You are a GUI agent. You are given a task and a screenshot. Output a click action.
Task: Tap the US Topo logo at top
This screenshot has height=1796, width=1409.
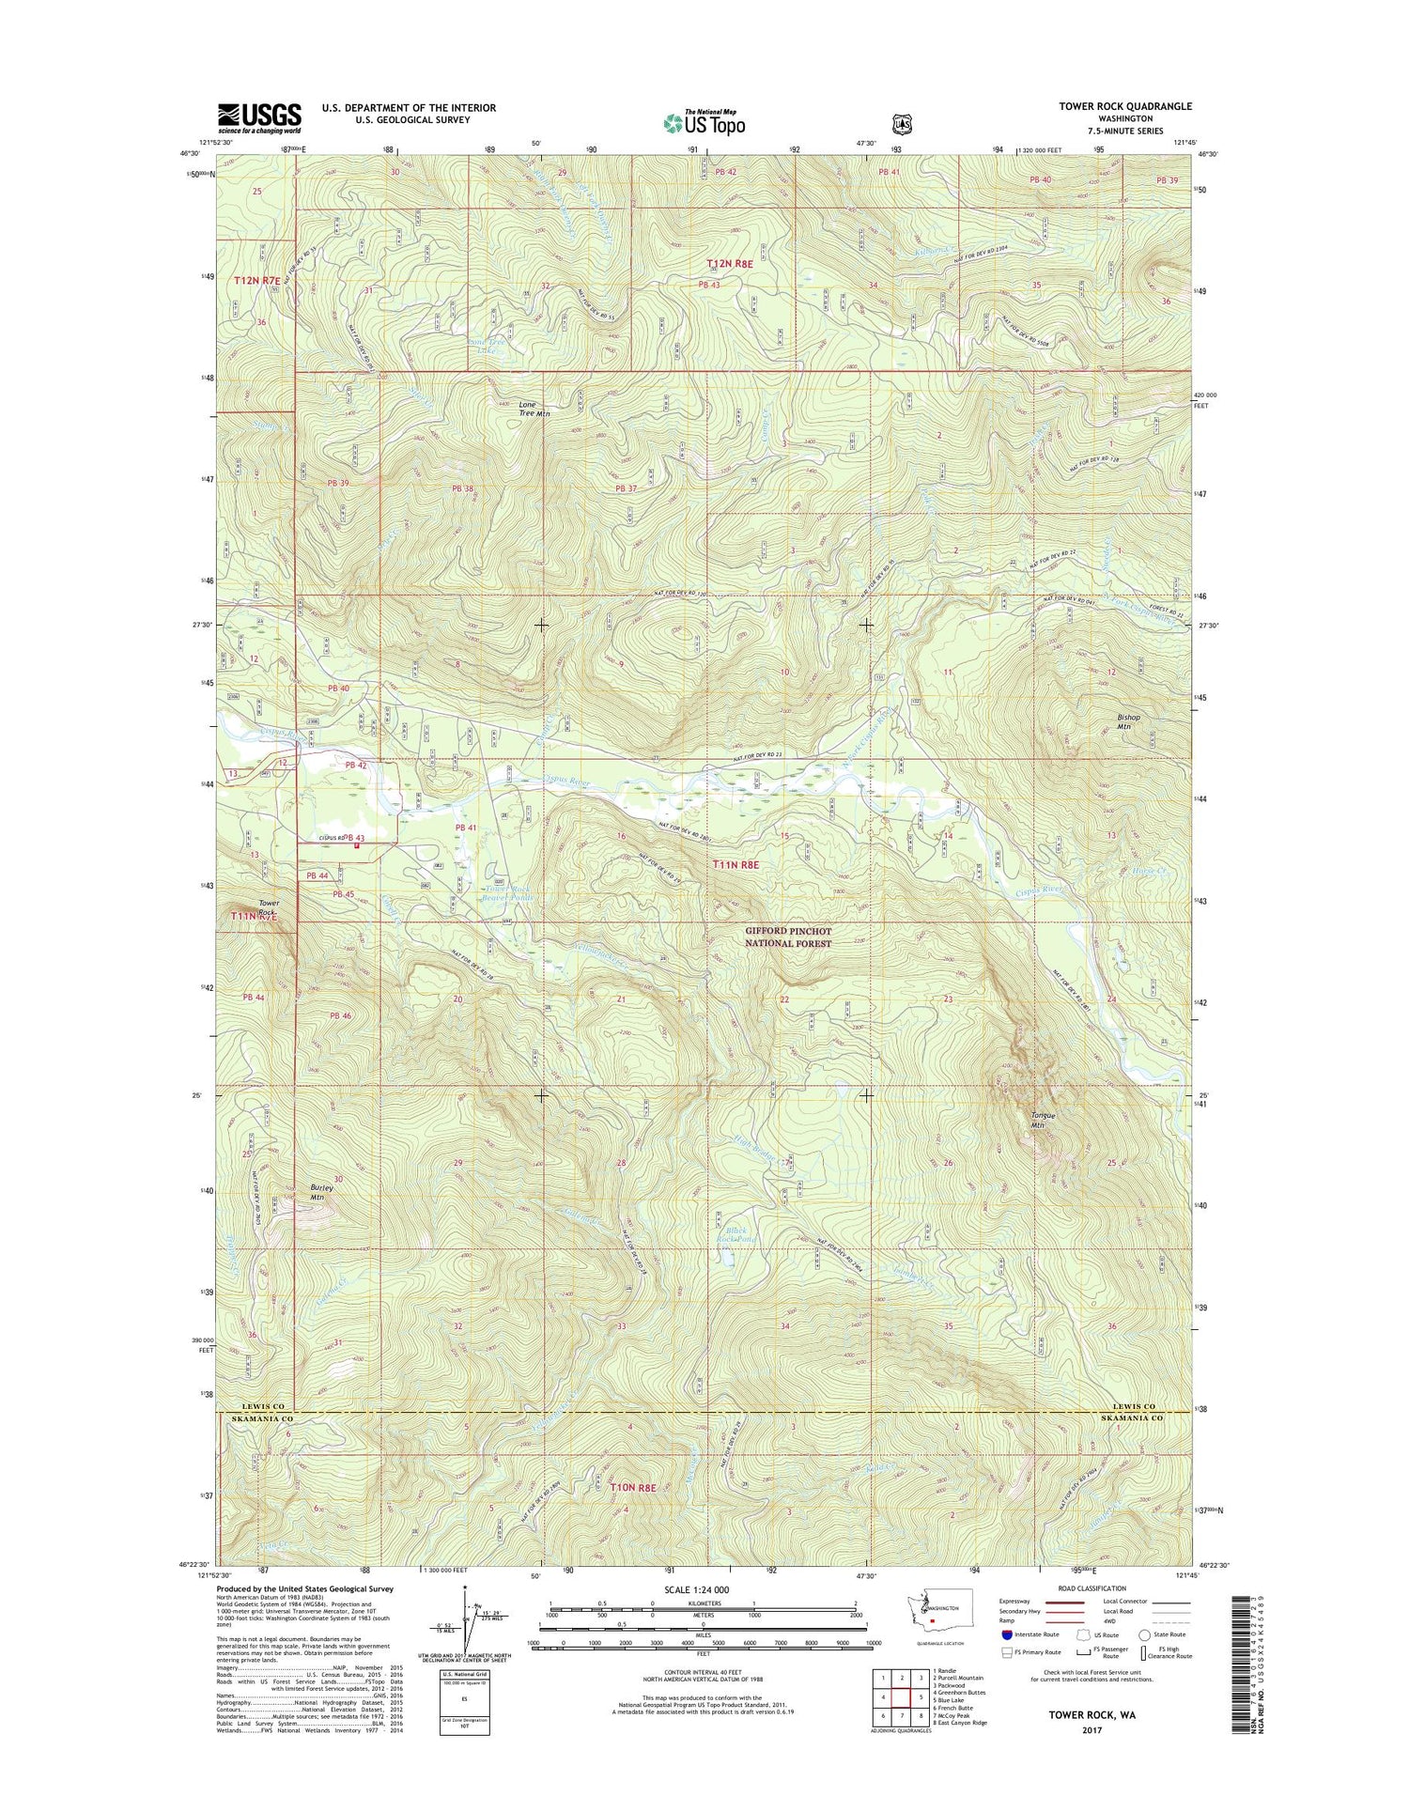click(704, 122)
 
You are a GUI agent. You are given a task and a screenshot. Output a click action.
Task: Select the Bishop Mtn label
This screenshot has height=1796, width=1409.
click(1128, 721)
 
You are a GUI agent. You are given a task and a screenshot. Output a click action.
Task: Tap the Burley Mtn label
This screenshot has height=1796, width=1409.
click(322, 1192)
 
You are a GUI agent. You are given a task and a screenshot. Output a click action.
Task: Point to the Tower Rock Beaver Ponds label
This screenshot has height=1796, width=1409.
click(510, 892)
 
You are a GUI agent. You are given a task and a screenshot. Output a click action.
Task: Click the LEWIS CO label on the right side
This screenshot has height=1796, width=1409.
click(1138, 1406)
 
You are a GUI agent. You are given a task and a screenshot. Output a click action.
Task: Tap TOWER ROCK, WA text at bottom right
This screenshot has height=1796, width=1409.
click(1091, 1713)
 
